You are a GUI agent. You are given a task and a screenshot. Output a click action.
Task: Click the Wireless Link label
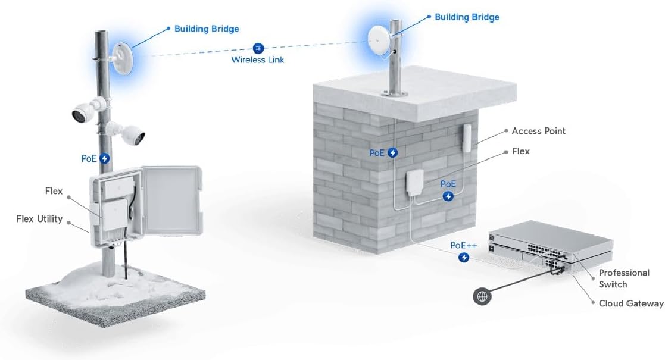click(x=257, y=60)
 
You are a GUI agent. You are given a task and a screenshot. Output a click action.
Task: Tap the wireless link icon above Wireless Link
click(x=258, y=48)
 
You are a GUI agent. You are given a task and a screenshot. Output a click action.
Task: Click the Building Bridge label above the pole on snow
click(x=206, y=29)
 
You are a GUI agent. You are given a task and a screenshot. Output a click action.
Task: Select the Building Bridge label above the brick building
click(x=467, y=17)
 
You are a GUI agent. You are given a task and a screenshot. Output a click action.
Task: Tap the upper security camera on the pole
click(x=84, y=112)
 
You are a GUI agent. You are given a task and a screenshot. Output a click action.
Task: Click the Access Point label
click(x=538, y=131)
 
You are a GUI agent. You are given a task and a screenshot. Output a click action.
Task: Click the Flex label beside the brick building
click(x=520, y=151)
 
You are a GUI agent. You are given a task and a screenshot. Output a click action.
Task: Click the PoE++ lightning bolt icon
click(x=464, y=258)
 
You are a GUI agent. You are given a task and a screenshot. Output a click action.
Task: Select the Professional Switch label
click(x=623, y=278)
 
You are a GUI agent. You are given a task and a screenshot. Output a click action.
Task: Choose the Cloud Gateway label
click(x=630, y=303)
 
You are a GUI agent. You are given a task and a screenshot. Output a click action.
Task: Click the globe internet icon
click(x=482, y=296)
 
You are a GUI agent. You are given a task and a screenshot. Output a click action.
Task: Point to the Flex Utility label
click(x=39, y=219)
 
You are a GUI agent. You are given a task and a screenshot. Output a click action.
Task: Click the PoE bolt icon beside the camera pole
click(x=105, y=158)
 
